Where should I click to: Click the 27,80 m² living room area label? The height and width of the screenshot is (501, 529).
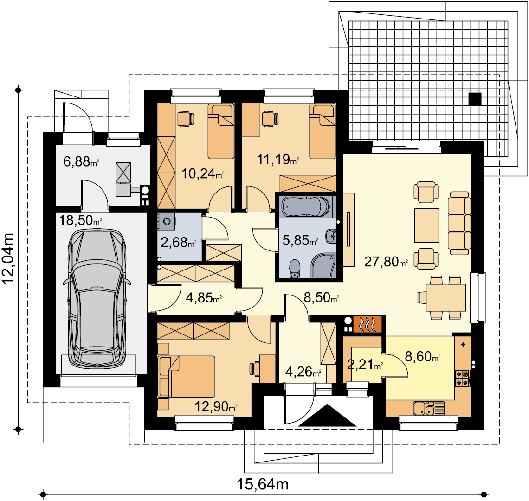point(386,262)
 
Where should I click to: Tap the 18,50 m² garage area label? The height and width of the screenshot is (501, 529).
point(80,220)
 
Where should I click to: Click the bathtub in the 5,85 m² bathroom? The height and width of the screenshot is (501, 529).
point(306,206)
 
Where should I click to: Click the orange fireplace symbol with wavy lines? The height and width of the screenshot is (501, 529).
point(367,324)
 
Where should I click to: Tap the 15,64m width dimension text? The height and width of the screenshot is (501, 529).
point(263,484)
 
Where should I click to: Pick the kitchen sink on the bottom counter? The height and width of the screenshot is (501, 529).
point(425,408)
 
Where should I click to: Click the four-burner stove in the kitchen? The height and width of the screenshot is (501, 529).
point(463,378)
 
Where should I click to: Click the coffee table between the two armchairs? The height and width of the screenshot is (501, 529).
point(426,225)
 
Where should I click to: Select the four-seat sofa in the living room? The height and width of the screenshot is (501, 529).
point(459,223)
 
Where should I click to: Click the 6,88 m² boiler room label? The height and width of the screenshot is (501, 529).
point(81,161)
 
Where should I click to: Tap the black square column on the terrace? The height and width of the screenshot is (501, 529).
point(475,99)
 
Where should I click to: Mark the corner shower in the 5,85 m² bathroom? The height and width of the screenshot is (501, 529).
point(323,265)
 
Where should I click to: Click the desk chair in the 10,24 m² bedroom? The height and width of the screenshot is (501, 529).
point(186,119)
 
